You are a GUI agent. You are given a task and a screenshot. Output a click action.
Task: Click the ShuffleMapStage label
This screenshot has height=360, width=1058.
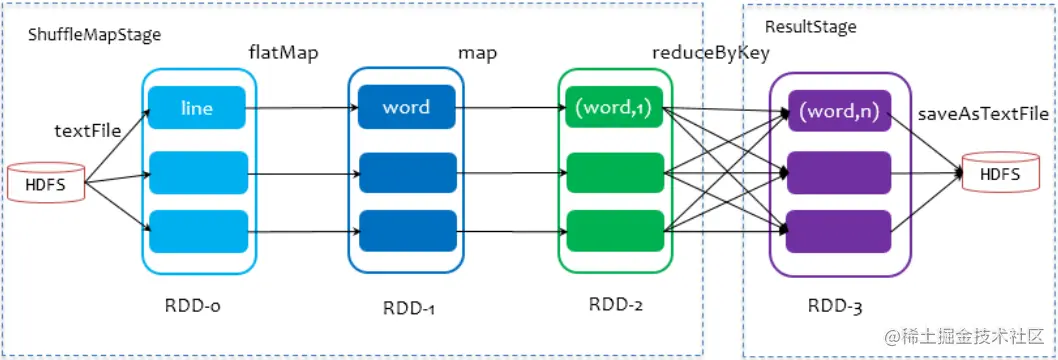tap(95, 35)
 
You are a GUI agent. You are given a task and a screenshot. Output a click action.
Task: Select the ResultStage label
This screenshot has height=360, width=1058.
tap(810, 26)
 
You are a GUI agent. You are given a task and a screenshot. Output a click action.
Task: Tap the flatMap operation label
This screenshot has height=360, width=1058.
tap(283, 53)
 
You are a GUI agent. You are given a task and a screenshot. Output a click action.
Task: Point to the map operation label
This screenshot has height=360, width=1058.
tap(479, 53)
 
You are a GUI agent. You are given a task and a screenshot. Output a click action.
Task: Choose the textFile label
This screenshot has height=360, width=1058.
tap(87, 131)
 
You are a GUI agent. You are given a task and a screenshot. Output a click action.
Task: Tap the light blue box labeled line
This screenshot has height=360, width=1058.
tap(197, 107)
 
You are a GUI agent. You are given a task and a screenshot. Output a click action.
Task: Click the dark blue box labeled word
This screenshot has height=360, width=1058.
tap(406, 107)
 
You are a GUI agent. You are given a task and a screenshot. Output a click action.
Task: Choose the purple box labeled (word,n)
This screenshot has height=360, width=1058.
tap(838, 113)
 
